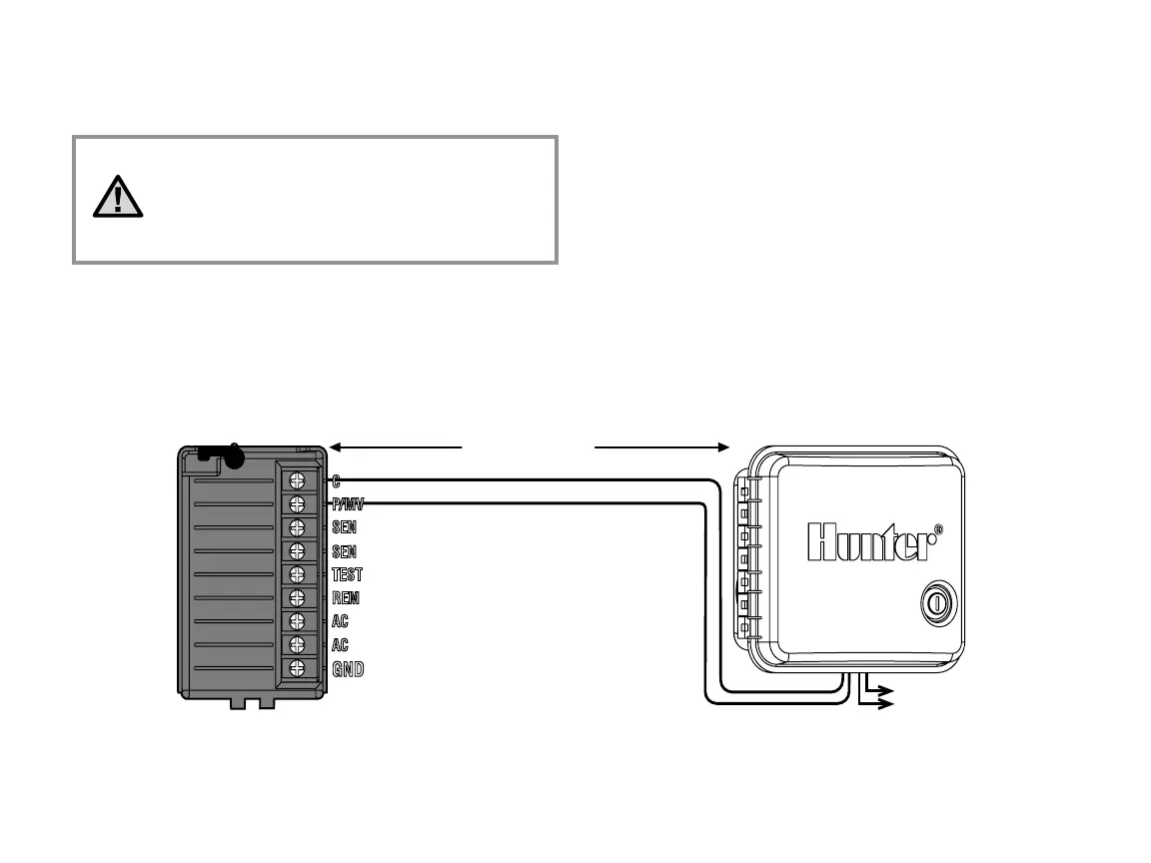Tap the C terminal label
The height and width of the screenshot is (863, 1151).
pyautogui.click(x=336, y=480)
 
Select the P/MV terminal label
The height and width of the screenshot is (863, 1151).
pyautogui.click(x=347, y=503)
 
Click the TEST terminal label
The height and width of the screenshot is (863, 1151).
pyautogui.click(x=347, y=575)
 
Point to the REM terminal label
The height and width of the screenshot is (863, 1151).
pyautogui.click(x=346, y=598)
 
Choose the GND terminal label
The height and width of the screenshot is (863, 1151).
pyautogui.click(x=348, y=669)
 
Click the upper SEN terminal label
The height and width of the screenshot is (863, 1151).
pyautogui.click(x=344, y=527)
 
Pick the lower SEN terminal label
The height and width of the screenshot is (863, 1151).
pyautogui.click(x=344, y=551)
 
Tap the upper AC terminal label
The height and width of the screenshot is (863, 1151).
pyautogui.click(x=340, y=622)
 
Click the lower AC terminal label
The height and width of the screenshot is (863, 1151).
pyautogui.click(x=340, y=645)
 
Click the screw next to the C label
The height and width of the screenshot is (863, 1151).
pyautogui.click(x=297, y=480)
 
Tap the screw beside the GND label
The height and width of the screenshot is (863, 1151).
pyautogui.click(x=297, y=668)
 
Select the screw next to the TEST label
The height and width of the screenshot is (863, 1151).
pyautogui.click(x=297, y=574)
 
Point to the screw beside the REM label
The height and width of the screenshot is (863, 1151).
pyautogui.click(x=297, y=598)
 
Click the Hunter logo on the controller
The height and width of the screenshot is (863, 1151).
pyautogui.click(x=868, y=542)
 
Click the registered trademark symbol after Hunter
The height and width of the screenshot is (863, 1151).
pyautogui.click(x=937, y=530)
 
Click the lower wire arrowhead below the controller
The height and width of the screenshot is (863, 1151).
pyautogui.click(x=886, y=704)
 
